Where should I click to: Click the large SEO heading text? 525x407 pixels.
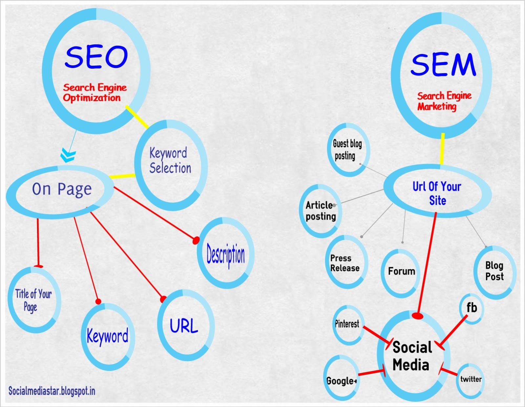[96, 57]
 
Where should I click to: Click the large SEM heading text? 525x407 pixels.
[443, 65]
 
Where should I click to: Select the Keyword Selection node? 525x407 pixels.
[170, 161]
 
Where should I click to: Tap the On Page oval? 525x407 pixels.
[61, 190]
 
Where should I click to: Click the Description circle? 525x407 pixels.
[226, 254]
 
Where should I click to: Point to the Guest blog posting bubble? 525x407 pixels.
[347, 150]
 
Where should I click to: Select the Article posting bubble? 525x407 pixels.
[321, 211]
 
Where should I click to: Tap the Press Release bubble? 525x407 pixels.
[345, 263]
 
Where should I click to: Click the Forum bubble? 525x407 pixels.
[401, 271]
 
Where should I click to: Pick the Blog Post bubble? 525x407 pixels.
[494, 271]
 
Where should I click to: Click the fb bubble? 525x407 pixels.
[472, 308]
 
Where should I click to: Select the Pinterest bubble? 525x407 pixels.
[347, 324]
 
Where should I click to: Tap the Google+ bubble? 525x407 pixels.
[341, 381]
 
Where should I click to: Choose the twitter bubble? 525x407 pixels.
[471, 379]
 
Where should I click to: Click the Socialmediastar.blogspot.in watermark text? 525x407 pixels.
[52, 391]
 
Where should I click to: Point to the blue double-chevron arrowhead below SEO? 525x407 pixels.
[68, 155]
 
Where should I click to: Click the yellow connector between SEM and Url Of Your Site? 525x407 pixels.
[442, 149]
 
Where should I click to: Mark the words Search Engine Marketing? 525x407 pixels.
[444, 101]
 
